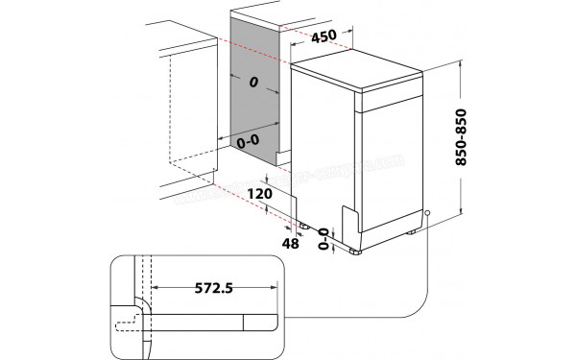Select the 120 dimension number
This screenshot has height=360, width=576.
[x=257, y=194]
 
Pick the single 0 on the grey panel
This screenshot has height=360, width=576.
[x=254, y=84]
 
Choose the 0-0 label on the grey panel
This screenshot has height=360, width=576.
[x=248, y=140]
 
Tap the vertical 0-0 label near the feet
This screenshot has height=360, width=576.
[x=324, y=234]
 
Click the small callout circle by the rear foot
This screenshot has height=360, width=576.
[x=427, y=218]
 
